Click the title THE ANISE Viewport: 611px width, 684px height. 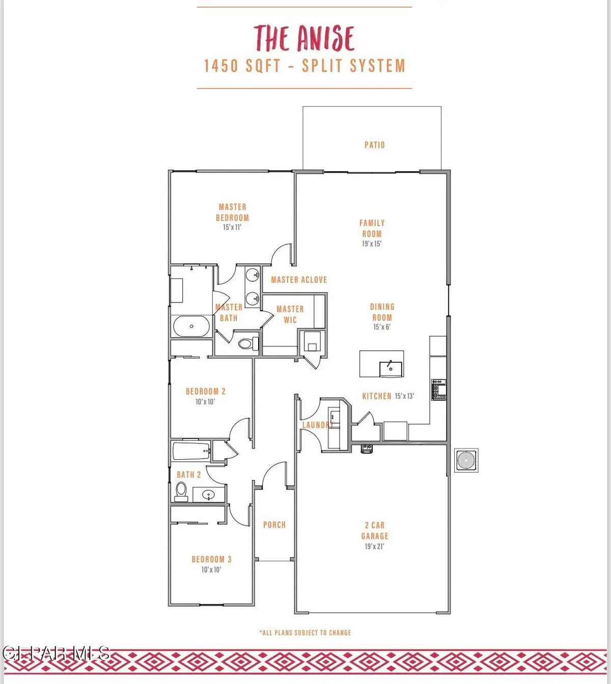click(304, 38)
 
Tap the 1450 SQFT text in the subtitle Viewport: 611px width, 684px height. click(242, 66)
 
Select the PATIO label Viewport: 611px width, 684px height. click(374, 145)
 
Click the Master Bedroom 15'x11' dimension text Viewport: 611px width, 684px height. click(232, 227)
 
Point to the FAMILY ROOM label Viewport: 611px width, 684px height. click(372, 228)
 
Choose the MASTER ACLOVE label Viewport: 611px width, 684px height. click(299, 280)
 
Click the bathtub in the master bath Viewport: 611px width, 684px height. click(191, 326)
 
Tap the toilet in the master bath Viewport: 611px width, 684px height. click(246, 344)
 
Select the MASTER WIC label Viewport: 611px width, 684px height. click(290, 314)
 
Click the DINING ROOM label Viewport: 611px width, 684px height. click(382, 312)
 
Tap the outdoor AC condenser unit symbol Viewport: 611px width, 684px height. click(466, 461)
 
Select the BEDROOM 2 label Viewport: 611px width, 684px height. click(205, 392)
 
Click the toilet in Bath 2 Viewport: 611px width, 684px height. click(181, 491)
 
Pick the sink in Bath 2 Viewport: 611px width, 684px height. click(208, 494)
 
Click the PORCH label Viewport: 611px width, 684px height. click(274, 525)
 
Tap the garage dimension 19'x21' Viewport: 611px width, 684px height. click(374, 547)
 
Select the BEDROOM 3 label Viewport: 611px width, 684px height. click(211, 559)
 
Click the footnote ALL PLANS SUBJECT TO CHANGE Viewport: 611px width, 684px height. click(305, 633)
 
